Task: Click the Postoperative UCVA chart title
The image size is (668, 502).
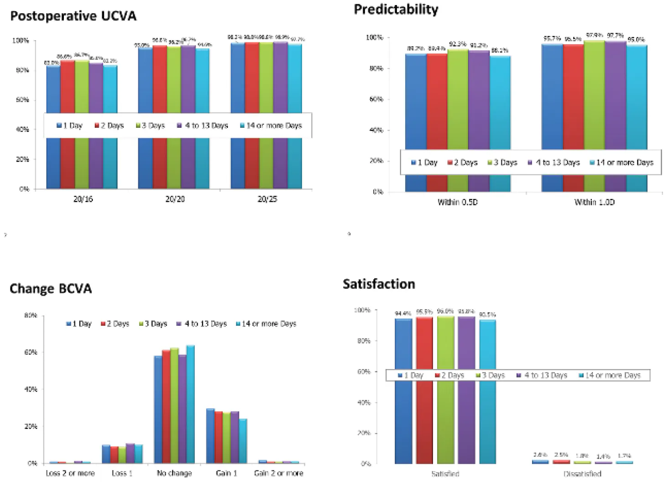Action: (x=73, y=16)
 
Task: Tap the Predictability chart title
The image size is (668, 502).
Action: (x=396, y=9)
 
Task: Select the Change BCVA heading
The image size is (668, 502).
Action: (x=51, y=289)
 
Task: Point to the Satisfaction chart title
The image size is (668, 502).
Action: (x=379, y=284)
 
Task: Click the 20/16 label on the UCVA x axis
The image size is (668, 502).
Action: (x=83, y=199)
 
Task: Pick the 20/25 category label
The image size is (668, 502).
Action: (x=267, y=199)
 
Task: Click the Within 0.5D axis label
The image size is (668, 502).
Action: (x=457, y=202)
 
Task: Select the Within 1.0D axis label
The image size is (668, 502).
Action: (x=594, y=202)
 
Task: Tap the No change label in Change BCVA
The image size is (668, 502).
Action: (x=174, y=473)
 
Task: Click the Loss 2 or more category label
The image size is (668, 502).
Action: (x=70, y=473)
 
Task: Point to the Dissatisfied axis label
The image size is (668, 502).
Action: (x=582, y=474)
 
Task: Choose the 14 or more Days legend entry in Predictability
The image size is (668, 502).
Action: (x=621, y=162)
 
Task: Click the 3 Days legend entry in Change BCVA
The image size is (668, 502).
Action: (x=153, y=324)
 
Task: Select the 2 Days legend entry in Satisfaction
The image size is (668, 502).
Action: (x=449, y=375)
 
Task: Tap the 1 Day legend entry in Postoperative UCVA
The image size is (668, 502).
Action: (x=69, y=125)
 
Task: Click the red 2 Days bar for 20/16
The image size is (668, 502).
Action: (x=68, y=87)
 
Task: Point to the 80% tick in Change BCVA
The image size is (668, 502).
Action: (x=31, y=315)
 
